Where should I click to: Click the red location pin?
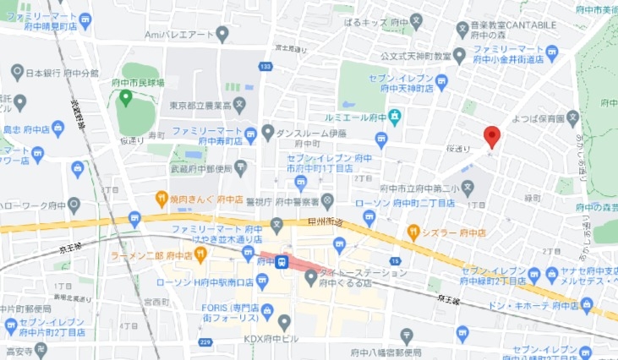coord(492,136)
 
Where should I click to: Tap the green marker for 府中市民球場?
coord(126,98)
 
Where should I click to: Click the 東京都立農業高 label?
coord(200,106)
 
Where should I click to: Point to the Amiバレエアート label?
coord(181,35)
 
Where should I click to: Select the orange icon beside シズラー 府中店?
coord(413,230)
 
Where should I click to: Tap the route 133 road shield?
coord(266,67)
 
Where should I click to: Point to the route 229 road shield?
coord(205,342)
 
